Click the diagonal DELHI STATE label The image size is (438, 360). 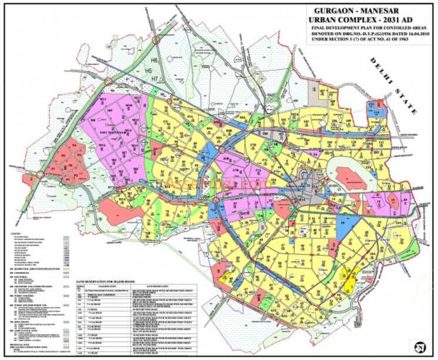(x=392, y=91)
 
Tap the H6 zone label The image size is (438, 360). (x=155, y=60)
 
